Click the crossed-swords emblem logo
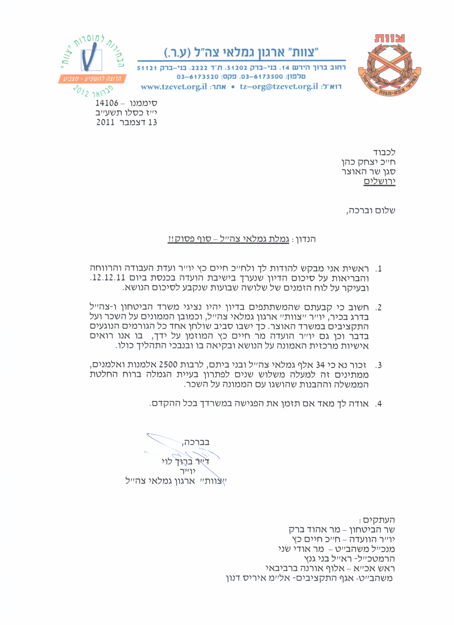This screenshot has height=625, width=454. tap(389, 65)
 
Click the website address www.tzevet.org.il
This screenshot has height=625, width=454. tap(174, 87)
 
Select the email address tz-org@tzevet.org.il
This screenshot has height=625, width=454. tap(279, 87)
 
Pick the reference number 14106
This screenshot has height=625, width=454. tap(107, 103)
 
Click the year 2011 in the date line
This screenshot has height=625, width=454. tap(105, 122)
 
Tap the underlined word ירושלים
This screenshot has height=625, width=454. tap(380, 181)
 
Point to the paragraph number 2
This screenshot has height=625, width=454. tap(379, 307)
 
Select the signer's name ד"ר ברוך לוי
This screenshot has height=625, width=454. tap(185, 462)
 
